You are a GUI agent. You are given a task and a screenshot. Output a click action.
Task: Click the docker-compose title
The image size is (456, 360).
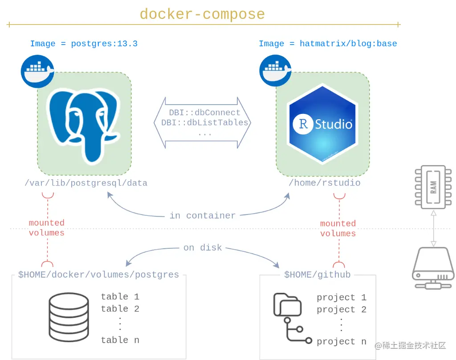pyautogui.click(x=203, y=14)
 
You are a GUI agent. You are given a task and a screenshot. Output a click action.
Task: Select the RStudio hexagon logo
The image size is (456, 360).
pyautogui.click(x=322, y=124)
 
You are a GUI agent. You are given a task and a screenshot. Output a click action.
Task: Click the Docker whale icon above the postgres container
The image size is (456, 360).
pyautogui.click(x=37, y=71)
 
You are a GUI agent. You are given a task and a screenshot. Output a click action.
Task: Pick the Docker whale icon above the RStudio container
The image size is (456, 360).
pyautogui.click(x=275, y=71)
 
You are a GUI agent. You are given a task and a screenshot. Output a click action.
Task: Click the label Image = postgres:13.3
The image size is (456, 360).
pyautogui.click(x=84, y=44)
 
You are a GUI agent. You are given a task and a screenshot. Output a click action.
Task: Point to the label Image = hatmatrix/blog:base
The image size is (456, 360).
pyautogui.click(x=328, y=44)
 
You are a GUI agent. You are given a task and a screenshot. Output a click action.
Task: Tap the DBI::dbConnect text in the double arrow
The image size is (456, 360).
pyautogui.click(x=205, y=113)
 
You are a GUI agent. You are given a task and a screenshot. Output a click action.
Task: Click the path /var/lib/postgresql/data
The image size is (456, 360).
pyautogui.click(x=86, y=183)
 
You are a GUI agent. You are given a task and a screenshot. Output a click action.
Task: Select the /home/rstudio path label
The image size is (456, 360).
pyautogui.click(x=325, y=183)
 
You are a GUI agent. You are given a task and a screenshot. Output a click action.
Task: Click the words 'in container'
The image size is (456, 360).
pyautogui.click(x=203, y=215)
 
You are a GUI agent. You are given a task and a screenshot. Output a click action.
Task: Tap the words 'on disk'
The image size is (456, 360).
pyautogui.click(x=203, y=247)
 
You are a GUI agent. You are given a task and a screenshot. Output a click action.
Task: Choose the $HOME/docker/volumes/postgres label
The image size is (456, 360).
pyautogui.click(x=98, y=275)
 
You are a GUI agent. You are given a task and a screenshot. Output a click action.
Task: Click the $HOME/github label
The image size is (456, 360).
pyautogui.click(x=317, y=275)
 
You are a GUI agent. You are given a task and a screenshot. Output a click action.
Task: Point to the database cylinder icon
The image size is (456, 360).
pyautogui.click(x=69, y=317)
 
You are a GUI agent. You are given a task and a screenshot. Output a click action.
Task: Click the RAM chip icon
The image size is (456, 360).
pyautogui.click(x=433, y=187)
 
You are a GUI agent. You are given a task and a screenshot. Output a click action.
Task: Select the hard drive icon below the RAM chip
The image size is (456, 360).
pyautogui.click(x=433, y=268)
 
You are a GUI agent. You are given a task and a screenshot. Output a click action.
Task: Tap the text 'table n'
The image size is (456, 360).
pyautogui.click(x=120, y=340)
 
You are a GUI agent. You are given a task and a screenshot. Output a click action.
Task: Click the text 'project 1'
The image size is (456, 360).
pyautogui.click(x=342, y=297)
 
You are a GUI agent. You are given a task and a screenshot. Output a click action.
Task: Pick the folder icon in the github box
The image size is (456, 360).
pyautogui.click(x=287, y=304)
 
